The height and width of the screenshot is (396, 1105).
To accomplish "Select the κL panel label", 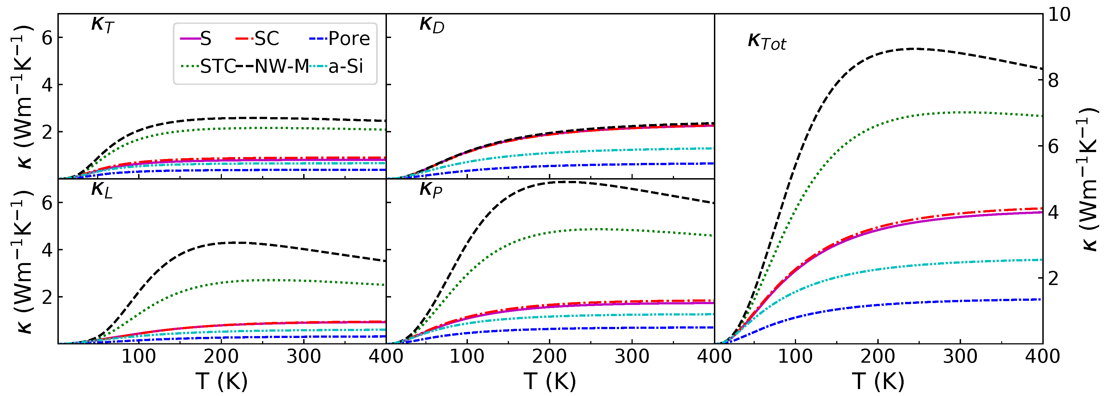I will click(102, 190).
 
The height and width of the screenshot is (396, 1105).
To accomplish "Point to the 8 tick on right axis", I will click(1053, 81).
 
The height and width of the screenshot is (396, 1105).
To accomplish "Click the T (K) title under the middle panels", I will click(549, 380).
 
